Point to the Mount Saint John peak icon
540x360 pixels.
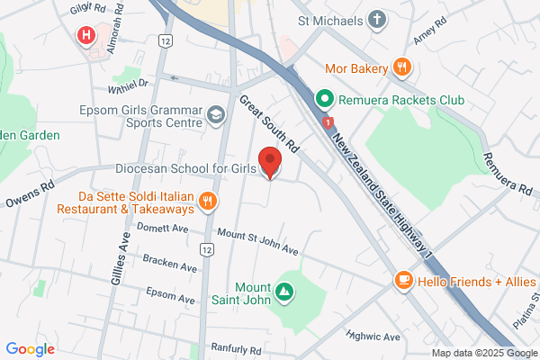284,291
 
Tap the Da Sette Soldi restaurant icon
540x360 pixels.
208,201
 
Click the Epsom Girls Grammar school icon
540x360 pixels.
215,114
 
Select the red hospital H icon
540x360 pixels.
86,36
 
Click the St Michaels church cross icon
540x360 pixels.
376,18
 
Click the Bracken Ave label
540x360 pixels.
169,263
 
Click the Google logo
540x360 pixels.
30,349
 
